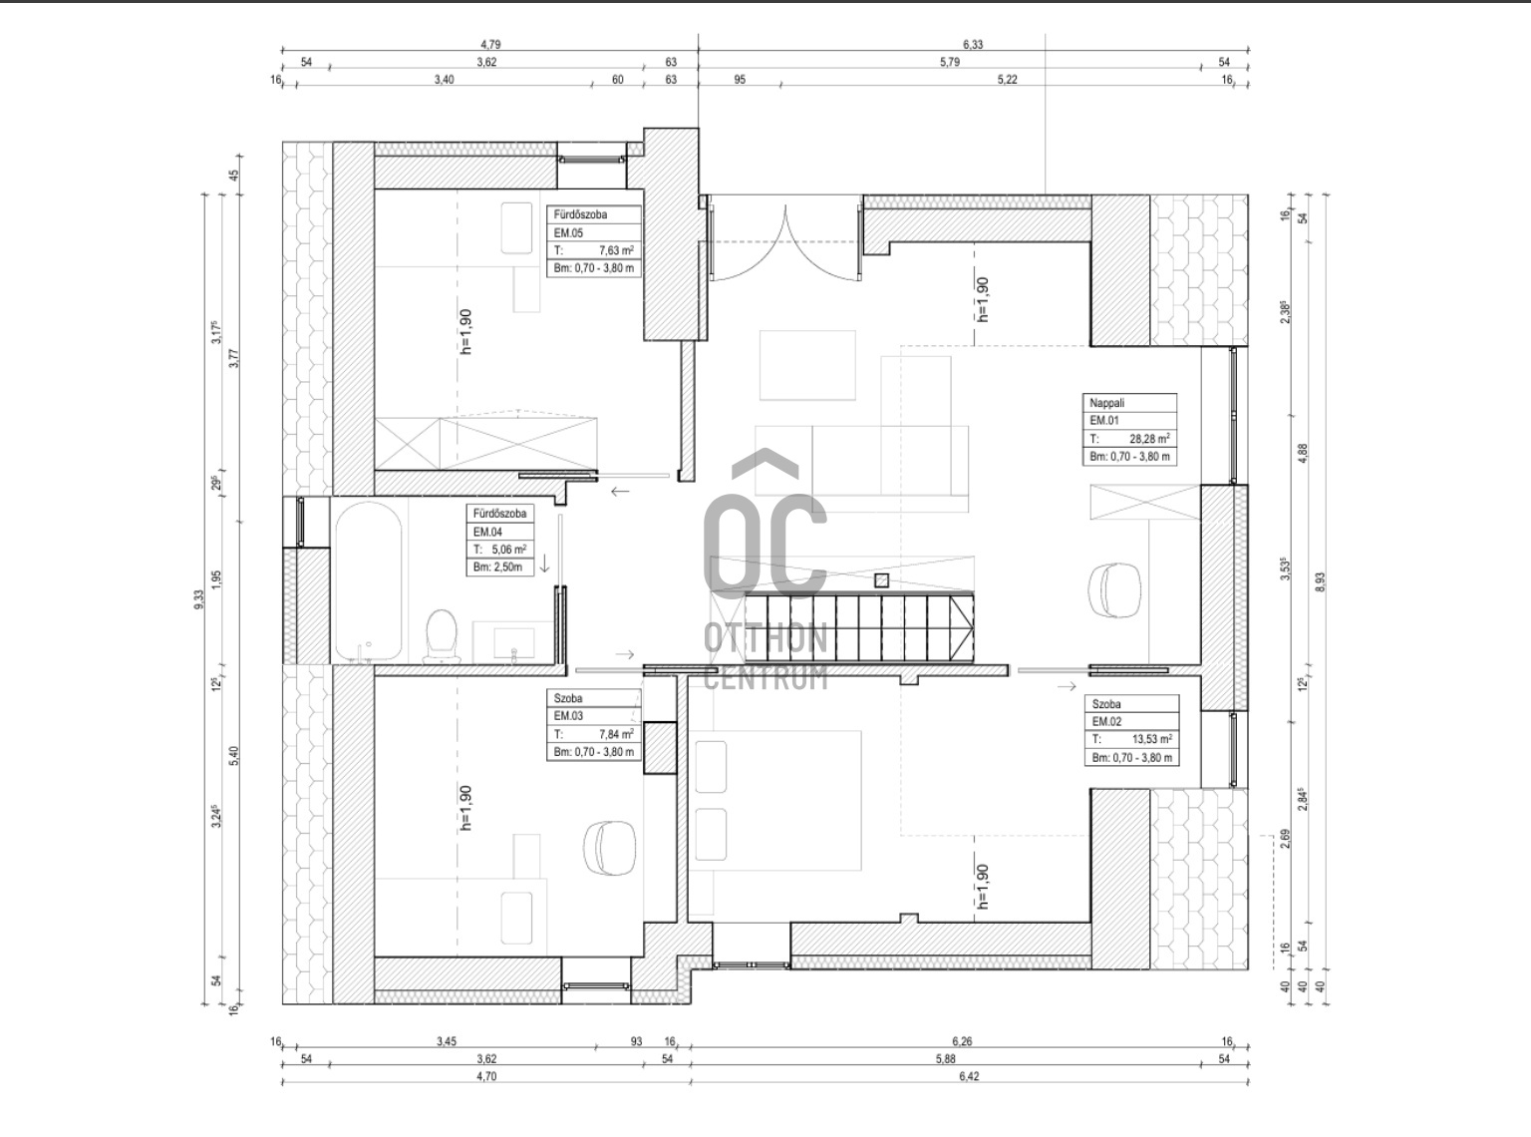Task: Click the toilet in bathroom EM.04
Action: click(x=441, y=634)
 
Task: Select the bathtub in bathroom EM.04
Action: click(x=368, y=581)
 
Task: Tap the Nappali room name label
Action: click(x=1106, y=403)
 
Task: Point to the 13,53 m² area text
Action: click(x=1152, y=739)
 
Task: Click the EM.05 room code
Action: click(x=568, y=232)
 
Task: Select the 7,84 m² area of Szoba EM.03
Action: click(x=616, y=734)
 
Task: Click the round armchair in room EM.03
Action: click(x=609, y=848)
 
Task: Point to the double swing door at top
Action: click(x=785, y=242)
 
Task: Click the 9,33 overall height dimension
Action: click(x=199, y=598)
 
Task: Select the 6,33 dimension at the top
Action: click(x=973, y=44)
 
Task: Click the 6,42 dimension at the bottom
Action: click(x=969, y=1076)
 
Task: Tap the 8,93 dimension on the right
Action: click(x=1321, y=582)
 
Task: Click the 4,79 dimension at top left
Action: click(x=489, y=44)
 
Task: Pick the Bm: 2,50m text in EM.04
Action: click(x=497, y=568)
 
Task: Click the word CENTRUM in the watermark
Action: click(x=765, y=679)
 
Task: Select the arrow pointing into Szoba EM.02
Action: click(x=1067, y=685)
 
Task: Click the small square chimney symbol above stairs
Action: click(x=881, y=580)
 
